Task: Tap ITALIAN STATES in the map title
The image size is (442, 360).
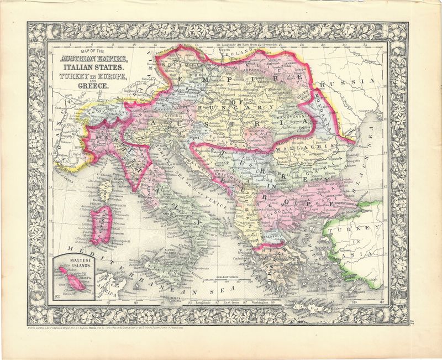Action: pos(88,67)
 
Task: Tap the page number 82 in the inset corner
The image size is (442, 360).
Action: pos(57,298)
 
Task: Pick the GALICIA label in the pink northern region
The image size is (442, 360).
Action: pos(260,61)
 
